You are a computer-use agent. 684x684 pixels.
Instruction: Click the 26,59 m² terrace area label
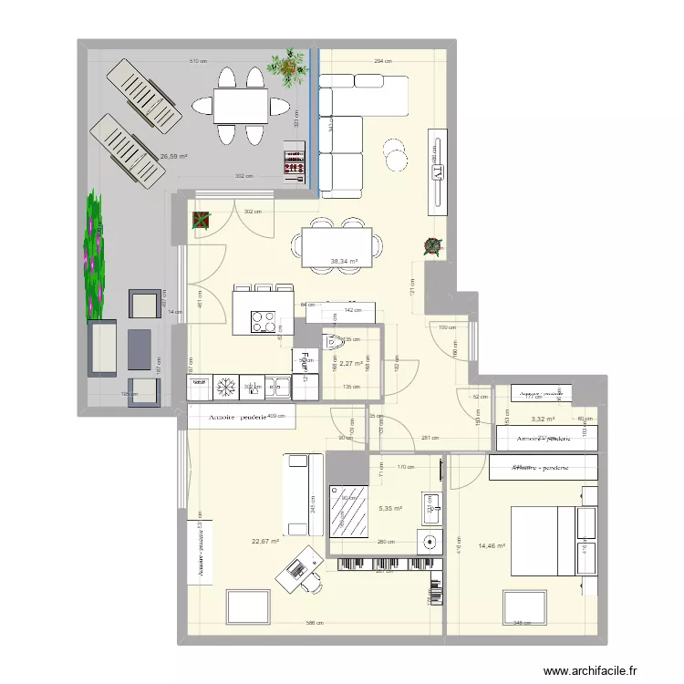pyautogui.click(x=173, y=156)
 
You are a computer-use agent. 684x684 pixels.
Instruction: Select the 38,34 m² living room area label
pyautogui.click(x=345, y=262)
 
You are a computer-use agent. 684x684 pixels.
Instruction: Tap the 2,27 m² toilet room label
pyautogui.click(x=352, y=363)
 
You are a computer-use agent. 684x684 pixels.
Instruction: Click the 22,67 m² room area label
pyautogui.click(x=265, y=541)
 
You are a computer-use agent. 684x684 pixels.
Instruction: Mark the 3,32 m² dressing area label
pyautogui.click(x=544, y=420)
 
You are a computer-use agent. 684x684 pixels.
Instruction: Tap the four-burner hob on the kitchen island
pyautogui.click(x=264, y=321)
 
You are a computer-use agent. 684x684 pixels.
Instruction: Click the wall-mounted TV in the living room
pyautogui.click(x=439, y=171)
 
